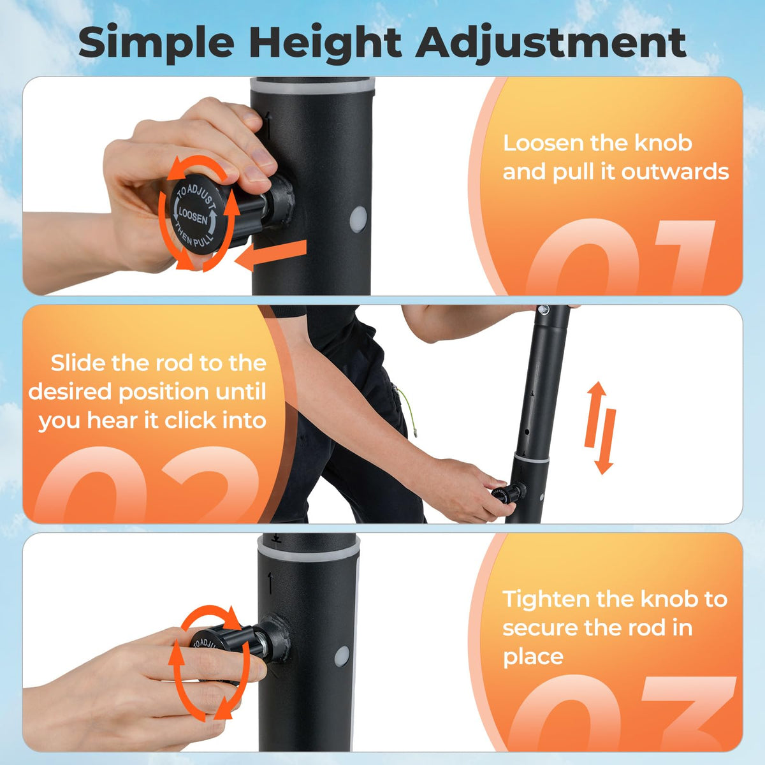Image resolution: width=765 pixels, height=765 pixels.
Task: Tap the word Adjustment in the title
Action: tap(551, 44)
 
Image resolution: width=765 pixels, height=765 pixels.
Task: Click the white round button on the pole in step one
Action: tap(359, 219)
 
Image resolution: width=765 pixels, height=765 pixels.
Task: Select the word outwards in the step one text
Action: tap(675, 172)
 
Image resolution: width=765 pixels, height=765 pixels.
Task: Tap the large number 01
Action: tap(619, 258)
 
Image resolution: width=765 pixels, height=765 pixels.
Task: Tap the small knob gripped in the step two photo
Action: tap(509, 493)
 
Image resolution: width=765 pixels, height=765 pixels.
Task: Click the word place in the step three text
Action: tap(533, 658)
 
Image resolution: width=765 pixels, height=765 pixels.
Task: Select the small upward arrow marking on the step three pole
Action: tap(270, 583)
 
